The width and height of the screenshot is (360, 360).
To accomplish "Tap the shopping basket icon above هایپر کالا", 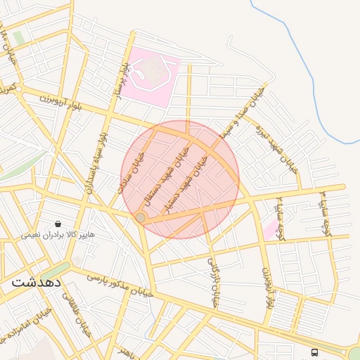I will coord(57,224).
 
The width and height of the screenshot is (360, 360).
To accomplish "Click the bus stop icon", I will coord(314,352).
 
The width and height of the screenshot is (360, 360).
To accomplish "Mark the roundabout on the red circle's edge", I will coord(141,219).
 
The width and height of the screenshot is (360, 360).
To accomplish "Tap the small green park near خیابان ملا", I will coord(18,38).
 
